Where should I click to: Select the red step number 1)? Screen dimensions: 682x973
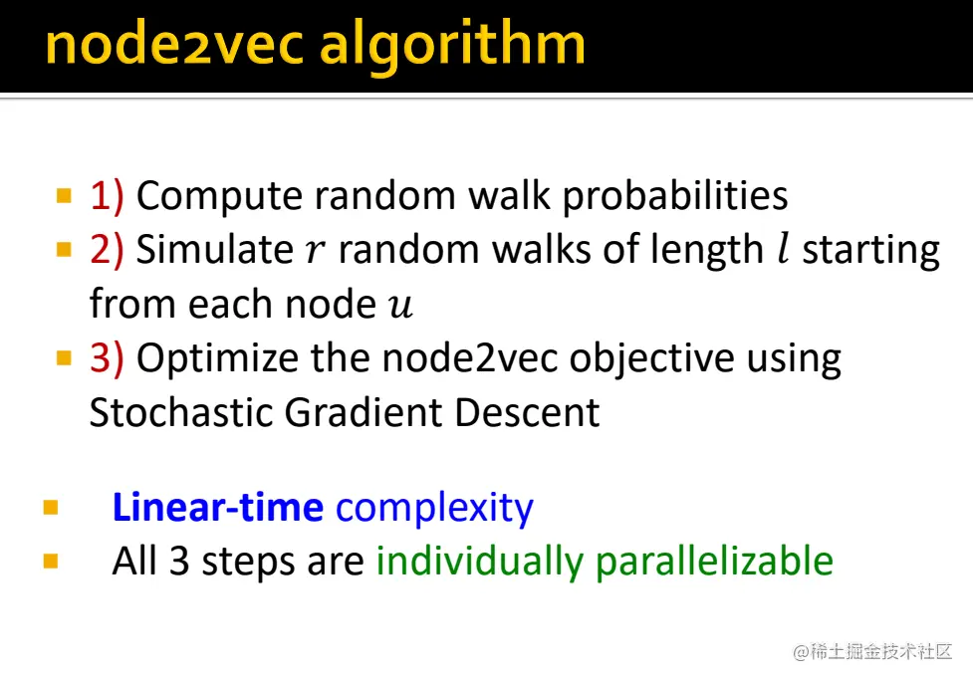click(x=107, y=196)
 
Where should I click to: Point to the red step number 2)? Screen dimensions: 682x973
click(x=107, y=250)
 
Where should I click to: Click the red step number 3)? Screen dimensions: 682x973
click(x=107, y=358)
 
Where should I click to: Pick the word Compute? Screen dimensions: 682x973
click(x=219, y=196)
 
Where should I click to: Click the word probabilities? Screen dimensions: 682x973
click(x=675, y=196)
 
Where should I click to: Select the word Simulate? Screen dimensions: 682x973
click(x=213, y=250)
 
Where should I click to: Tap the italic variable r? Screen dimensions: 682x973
click(x=314, y=252)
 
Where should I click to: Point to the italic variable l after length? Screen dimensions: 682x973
click(x=783, y=250)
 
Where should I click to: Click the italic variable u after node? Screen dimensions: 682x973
click(x=399, y=306)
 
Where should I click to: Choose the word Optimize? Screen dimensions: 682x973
click(x=220, y=358)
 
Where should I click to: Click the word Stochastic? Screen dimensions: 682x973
click(x=180, y=412)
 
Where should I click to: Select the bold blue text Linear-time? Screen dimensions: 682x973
click(x=217, y=508)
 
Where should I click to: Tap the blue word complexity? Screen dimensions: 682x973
click(x=434, y=509)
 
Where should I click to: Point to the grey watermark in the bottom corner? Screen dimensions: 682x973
click(x=872, y=652)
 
